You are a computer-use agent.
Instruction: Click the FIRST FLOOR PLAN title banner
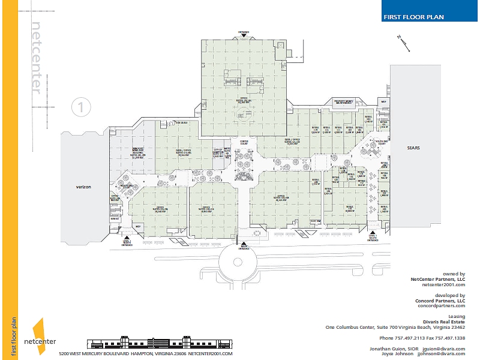click(x=414, y=17)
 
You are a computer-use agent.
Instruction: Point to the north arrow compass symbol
click(x=401, y=41)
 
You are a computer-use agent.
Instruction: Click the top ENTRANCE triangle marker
click(x=244, y=35)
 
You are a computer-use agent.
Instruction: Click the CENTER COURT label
click(x=244, y=143)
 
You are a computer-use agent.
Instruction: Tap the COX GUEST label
click(x=164, y=122)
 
